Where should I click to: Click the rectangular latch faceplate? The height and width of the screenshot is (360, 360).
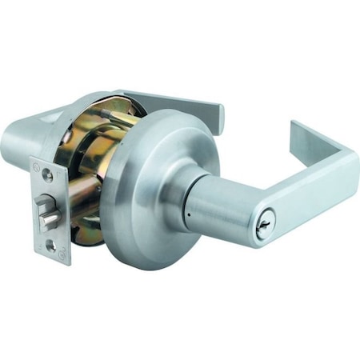[x=51, y=210]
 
